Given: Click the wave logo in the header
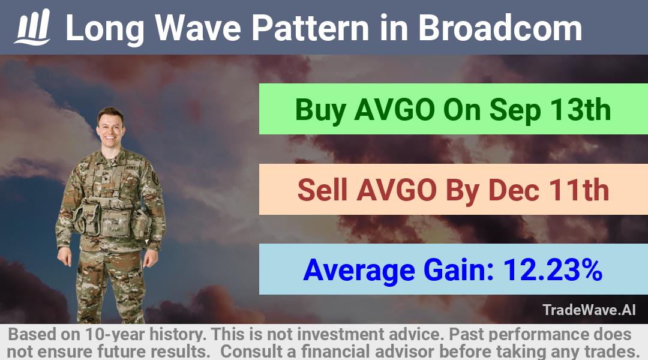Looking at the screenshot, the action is [x=32, y=27].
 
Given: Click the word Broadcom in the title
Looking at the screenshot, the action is [x=500, y=28].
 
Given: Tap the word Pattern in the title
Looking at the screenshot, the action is [x=310, y=28].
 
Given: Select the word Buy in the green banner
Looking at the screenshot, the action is [x=320, y=110].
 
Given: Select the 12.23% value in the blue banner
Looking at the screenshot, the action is [x=553, y=270].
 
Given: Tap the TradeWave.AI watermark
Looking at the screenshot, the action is [x=589, y=310].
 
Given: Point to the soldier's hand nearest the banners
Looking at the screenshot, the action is [x=151, y=259].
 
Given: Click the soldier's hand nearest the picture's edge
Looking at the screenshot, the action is [x=64, y=256].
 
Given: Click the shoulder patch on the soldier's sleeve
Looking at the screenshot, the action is [x=155, y=178].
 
